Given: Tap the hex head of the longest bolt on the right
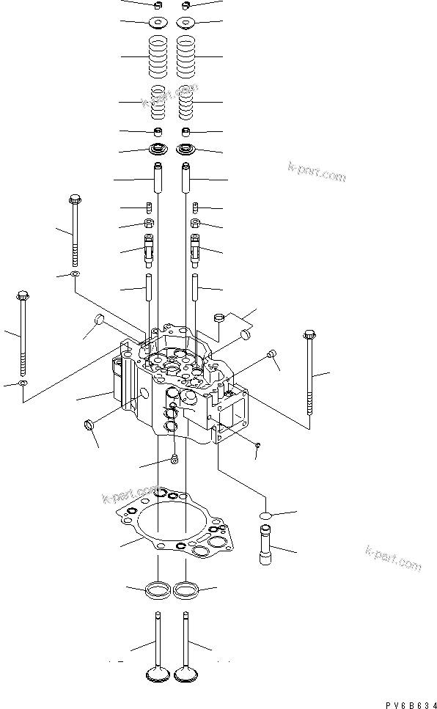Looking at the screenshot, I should click(307, 337).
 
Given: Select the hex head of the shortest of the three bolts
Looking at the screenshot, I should click(74, 199).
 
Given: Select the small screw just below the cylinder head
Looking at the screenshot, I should click(175, 460).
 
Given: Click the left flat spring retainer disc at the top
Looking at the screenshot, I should click(157, 22).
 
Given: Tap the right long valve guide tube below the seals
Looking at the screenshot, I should click(187, 179).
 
